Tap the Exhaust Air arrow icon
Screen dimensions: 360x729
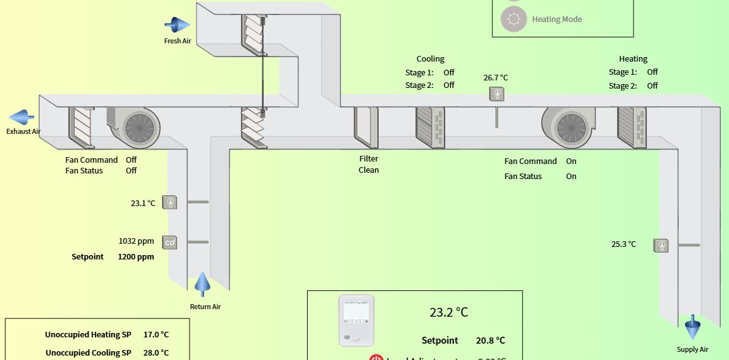21,117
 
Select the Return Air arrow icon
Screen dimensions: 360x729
202,285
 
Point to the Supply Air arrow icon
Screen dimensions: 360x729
693,327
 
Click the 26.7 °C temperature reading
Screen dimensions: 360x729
495,78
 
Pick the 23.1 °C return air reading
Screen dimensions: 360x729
143,203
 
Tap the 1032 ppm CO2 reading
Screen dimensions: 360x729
136,241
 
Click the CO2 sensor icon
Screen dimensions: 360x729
170,242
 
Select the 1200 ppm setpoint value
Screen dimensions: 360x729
136,256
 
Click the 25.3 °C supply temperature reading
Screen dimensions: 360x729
624,244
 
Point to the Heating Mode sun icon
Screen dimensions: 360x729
514,19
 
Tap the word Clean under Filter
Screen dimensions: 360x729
369,170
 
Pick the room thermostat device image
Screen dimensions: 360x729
357,320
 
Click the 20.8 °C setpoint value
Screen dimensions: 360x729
490,341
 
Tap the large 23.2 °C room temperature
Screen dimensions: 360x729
448,312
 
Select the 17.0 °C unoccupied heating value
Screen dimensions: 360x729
156,335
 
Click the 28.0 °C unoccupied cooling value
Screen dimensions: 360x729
156,352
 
